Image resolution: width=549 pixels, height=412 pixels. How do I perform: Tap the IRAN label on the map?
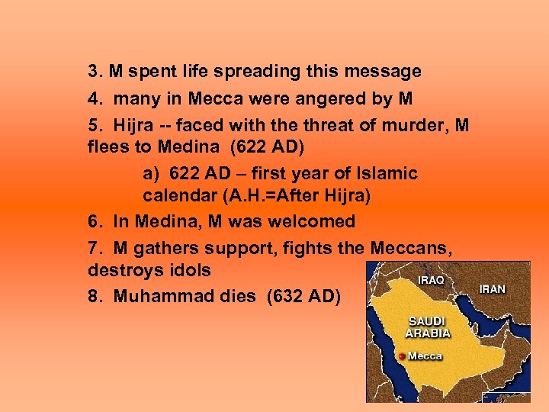tap(492, 289)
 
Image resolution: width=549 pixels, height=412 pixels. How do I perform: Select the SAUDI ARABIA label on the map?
tap(428, 327)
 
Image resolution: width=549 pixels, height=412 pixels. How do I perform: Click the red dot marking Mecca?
tap(402, 356)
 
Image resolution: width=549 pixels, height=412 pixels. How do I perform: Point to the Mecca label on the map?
tap(425, 356)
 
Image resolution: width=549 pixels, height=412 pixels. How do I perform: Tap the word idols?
tap(187, 270)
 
